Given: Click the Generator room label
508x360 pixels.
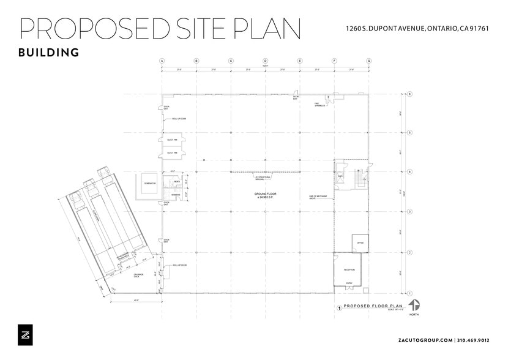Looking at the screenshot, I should [x=150, y=184].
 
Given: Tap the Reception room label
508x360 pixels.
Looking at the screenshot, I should [x=349, y=269].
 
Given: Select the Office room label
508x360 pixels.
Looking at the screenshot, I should [x=360, y=242].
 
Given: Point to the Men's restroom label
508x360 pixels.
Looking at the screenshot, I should [x=176, y=182].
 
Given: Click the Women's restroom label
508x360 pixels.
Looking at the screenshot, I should [x=176, y=195].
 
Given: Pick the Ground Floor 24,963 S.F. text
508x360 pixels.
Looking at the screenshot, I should [x=265, y=195].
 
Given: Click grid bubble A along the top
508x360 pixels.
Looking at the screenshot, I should [x=162, y=61].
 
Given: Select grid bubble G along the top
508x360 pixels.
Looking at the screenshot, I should [x=368, y=61].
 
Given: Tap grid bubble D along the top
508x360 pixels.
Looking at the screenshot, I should [x=265, y=61].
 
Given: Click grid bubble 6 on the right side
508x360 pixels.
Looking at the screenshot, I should [x=409, y=94].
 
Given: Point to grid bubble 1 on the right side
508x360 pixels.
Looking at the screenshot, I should [x=409, y=293].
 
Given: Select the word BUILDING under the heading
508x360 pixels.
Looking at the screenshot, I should [x=49, y=53].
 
